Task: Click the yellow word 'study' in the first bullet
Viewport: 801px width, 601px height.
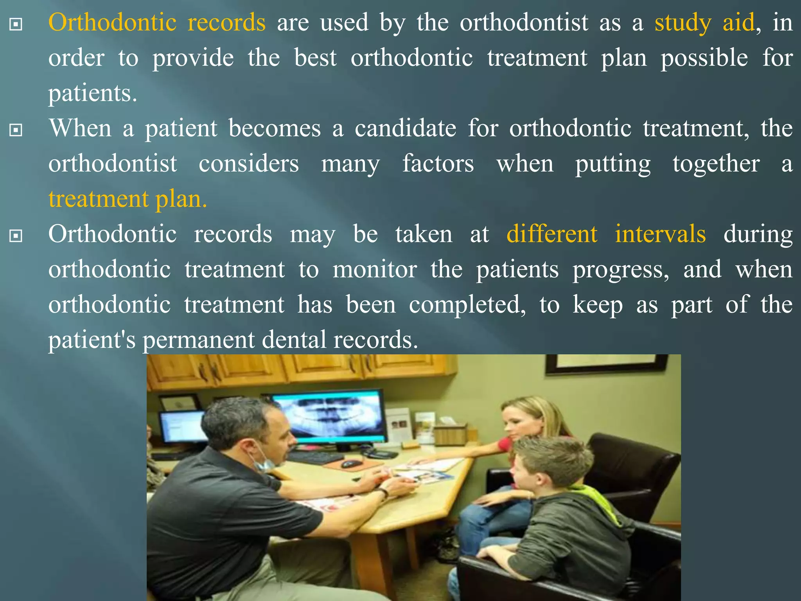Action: pyautogui.click(x=682, y=23)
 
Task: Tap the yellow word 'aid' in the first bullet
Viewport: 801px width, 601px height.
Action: pyautogui.click(x=738, y=23)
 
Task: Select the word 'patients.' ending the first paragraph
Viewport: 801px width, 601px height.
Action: pyautogui.click(x=93, y=94)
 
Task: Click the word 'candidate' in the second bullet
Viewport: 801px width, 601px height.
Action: pyautogui.click(x=406, y=128)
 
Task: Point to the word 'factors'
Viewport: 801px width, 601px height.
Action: pyautogui.click(x=438, y=164)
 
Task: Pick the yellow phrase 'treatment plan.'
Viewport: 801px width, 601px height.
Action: pyautogui.click(x=128, y=199)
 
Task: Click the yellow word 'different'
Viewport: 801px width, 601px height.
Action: pyautogui.click(x=552, y=234)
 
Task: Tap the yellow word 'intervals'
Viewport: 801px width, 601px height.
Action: pyautogui.click(x=660, y=234)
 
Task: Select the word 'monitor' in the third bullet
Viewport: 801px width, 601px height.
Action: pyautogui.click(x=375, y=270)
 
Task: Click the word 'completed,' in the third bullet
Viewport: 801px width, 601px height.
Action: pyautogui.click(x=467, y=305)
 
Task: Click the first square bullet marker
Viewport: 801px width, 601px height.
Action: pyautogui.click(x=16, y=25)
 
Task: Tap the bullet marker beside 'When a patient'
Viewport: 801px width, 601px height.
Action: pyautogui.click(x=16, y=130)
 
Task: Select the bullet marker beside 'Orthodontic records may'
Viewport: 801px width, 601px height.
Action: pyautogui.click(x=16, y=236)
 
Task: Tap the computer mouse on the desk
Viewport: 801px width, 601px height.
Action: pyautogui.click(x=351, y=464)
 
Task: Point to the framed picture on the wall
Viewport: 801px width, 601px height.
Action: pyautogui.click(x=606, y=363)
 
